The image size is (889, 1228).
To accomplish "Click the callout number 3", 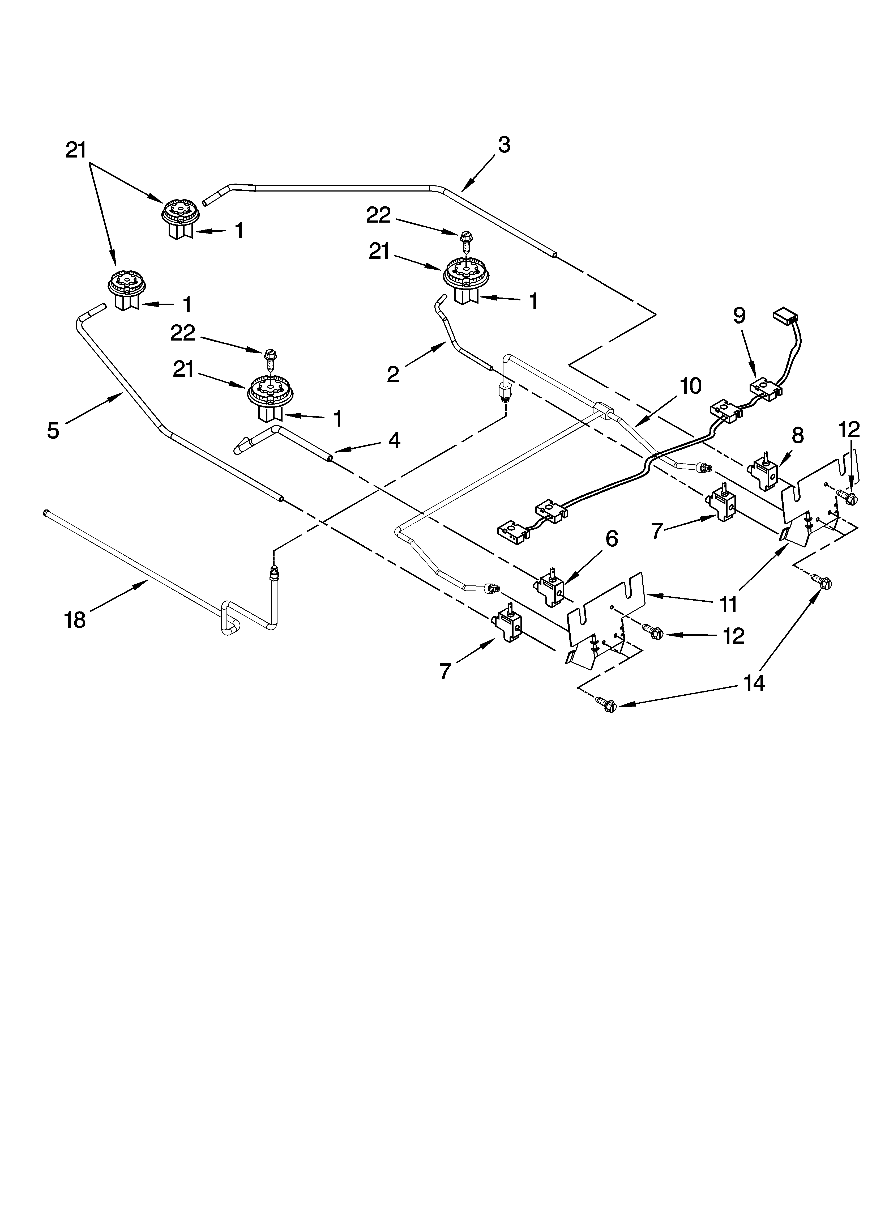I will click(503, 145).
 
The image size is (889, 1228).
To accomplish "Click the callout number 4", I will click(394, 440).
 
